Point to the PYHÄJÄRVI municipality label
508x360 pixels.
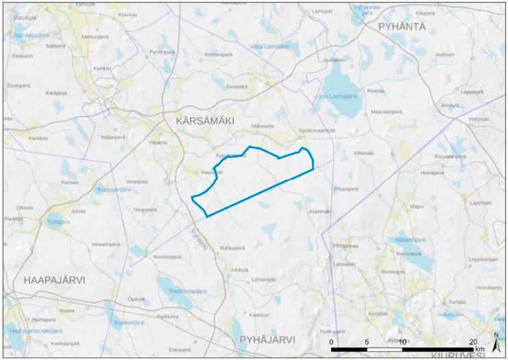click(x=267, y=339)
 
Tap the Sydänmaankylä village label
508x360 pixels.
click(x=315, y=129)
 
